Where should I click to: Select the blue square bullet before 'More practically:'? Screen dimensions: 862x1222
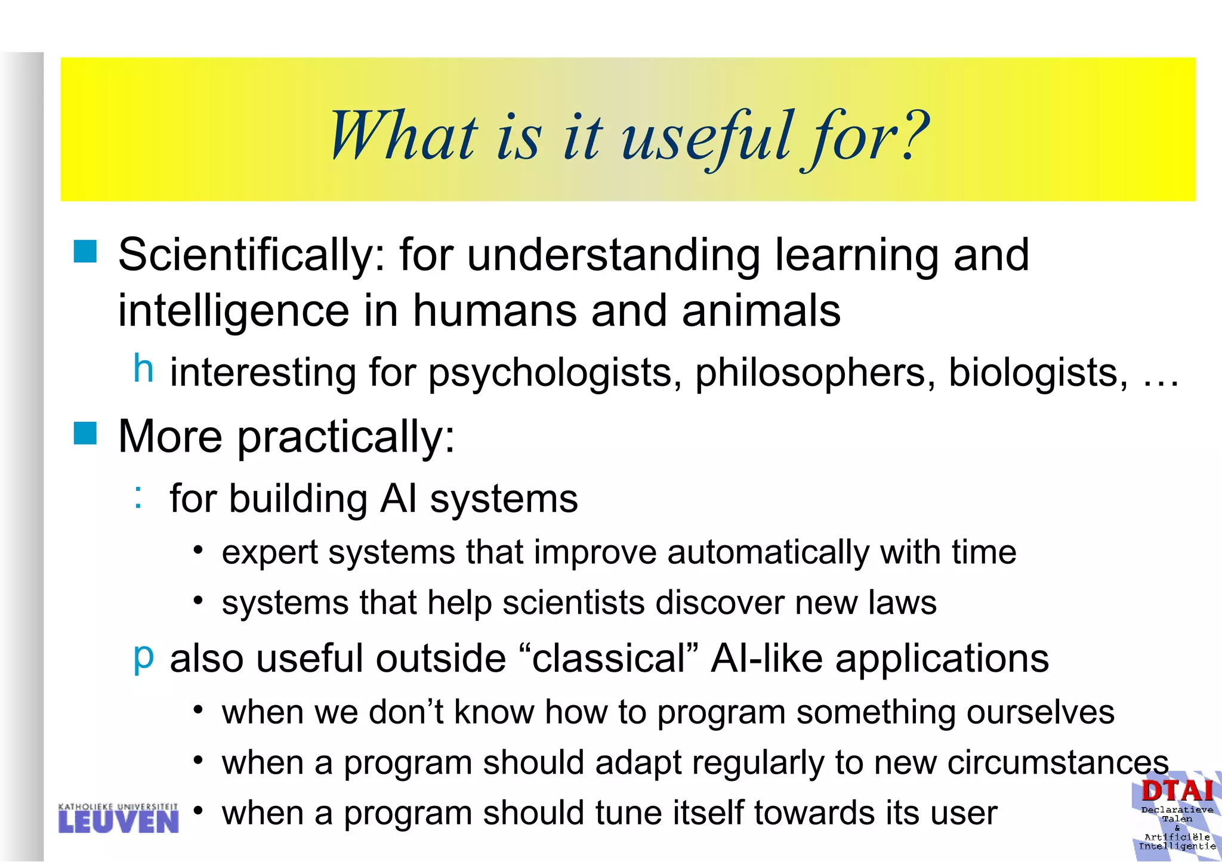click(85, 433)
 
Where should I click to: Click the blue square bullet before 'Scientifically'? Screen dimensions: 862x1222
click(85, 252)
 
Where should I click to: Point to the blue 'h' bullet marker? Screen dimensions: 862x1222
click(143, 368)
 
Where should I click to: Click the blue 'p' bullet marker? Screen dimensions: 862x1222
click(143, 656)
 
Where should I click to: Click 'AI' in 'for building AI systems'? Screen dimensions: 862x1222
click(398, 499)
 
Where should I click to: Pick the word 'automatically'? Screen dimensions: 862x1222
click(768, 552)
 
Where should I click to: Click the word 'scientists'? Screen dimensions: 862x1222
click(573, 603)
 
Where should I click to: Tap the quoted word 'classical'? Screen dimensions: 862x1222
click(609, 659)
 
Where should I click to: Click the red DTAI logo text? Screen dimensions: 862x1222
click(1177, 791)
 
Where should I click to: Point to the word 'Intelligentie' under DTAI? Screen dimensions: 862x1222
click(1177, 846)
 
